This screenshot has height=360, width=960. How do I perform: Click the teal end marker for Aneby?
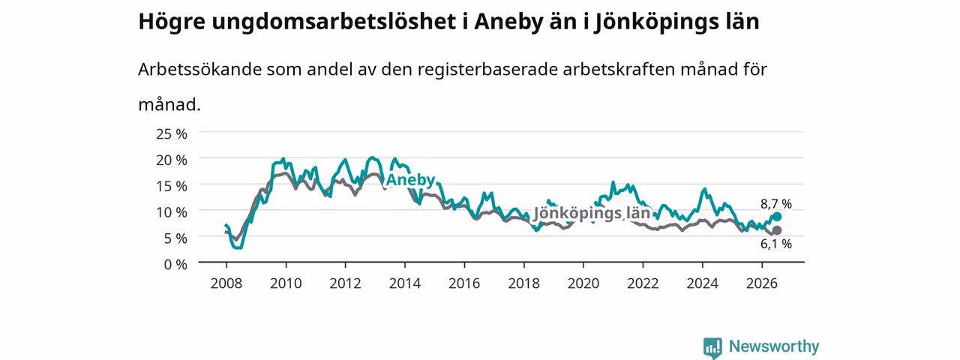coord(776,217)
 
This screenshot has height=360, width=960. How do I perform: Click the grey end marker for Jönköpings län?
coord(776,230)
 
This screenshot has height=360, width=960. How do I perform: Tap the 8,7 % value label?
coord(776,204)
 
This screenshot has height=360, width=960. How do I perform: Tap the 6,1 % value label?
coord(776,244)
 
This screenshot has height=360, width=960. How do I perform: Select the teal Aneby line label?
coord(410,180)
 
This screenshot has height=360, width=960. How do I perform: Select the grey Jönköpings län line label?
coord(592,213)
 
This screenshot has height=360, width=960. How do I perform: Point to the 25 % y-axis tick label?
coord(172,134)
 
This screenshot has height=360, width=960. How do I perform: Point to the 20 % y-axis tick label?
coord(172,160)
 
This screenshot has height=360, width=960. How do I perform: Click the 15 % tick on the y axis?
coord(172,187)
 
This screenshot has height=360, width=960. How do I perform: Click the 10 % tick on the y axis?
coord(172,212)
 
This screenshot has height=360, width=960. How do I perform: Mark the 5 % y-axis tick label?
coord(175,238)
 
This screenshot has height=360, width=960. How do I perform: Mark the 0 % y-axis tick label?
coord(175,265)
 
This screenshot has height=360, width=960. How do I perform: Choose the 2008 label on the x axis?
coord(226,283)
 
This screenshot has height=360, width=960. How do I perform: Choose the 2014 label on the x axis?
coord(405,283)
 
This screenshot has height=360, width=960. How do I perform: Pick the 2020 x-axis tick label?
coord(583,283)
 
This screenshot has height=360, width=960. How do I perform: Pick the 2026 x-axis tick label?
coord(762,283)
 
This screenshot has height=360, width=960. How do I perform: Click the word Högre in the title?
coord(172,22)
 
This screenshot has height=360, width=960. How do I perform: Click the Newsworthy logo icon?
coord(712,347)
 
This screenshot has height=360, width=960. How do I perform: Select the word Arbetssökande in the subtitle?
coord(199,69)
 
